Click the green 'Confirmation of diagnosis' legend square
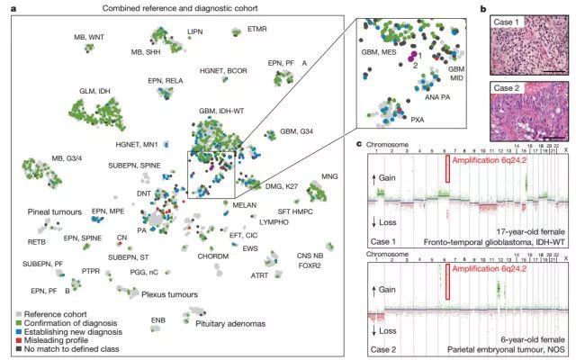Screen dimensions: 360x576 point(13,320)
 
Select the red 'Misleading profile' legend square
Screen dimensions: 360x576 point(13,338)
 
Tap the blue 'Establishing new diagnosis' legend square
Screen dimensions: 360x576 point(13,329)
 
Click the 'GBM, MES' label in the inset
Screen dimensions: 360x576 point(378,51)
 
